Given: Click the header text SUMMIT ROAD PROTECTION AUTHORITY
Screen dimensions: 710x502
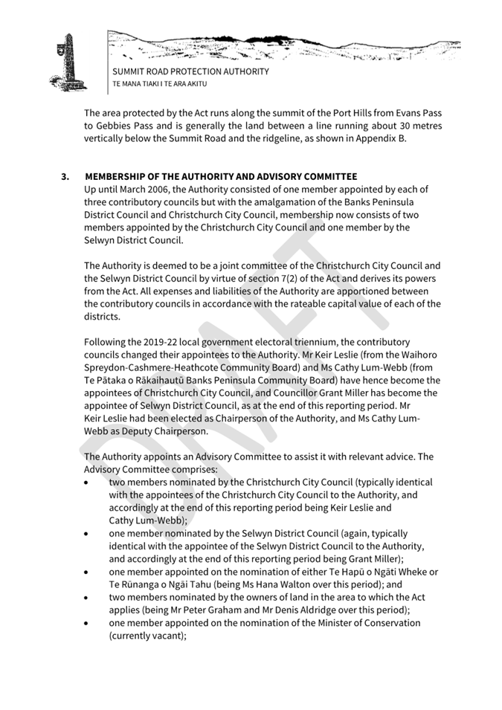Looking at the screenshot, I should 190,72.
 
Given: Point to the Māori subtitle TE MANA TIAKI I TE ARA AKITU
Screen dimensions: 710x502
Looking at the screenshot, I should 159,85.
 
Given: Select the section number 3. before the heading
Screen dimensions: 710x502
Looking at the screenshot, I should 65,176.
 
